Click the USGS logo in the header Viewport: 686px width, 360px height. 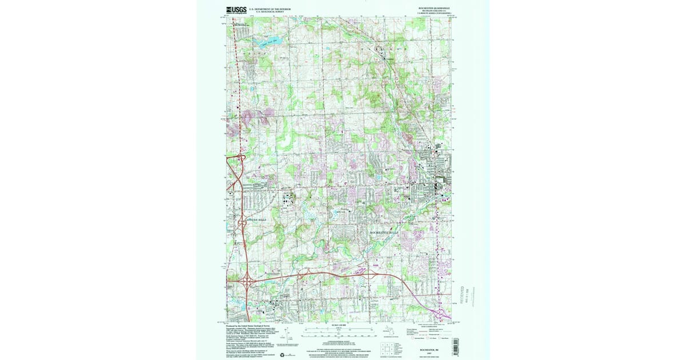point(236,9)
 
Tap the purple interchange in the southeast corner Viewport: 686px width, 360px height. point(424,298)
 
